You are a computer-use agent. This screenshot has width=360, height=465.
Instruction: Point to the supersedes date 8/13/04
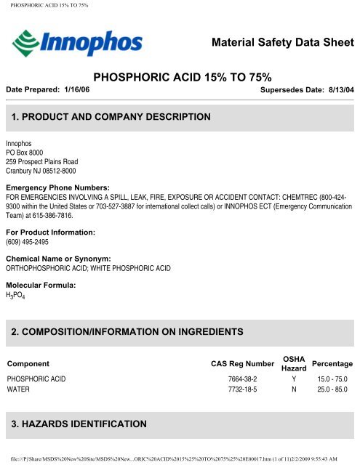tap(339, 89)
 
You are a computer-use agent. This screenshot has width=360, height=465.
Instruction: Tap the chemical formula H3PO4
tap(15, 296)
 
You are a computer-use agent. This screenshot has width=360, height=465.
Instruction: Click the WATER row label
tap(20, 389)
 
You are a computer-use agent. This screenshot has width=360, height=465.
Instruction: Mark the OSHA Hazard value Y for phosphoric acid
tap(293, 379)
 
